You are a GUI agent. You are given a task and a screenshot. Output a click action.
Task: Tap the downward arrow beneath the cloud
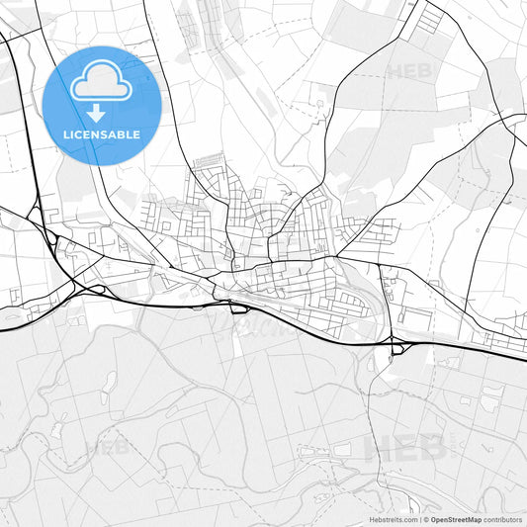[x=97, y=114]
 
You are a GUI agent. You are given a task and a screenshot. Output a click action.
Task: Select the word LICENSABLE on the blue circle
[x=101, y=134]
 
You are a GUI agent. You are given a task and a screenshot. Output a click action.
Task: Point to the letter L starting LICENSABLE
[x=66, y=134]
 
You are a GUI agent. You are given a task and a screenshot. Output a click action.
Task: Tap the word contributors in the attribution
[x=503, y=519]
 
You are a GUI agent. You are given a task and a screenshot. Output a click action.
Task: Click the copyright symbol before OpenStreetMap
[x=426, y=519]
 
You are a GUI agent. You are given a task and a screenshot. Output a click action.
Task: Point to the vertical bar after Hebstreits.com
[x=419, y=519]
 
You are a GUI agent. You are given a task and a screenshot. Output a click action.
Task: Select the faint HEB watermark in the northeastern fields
[x=410, y=71]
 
